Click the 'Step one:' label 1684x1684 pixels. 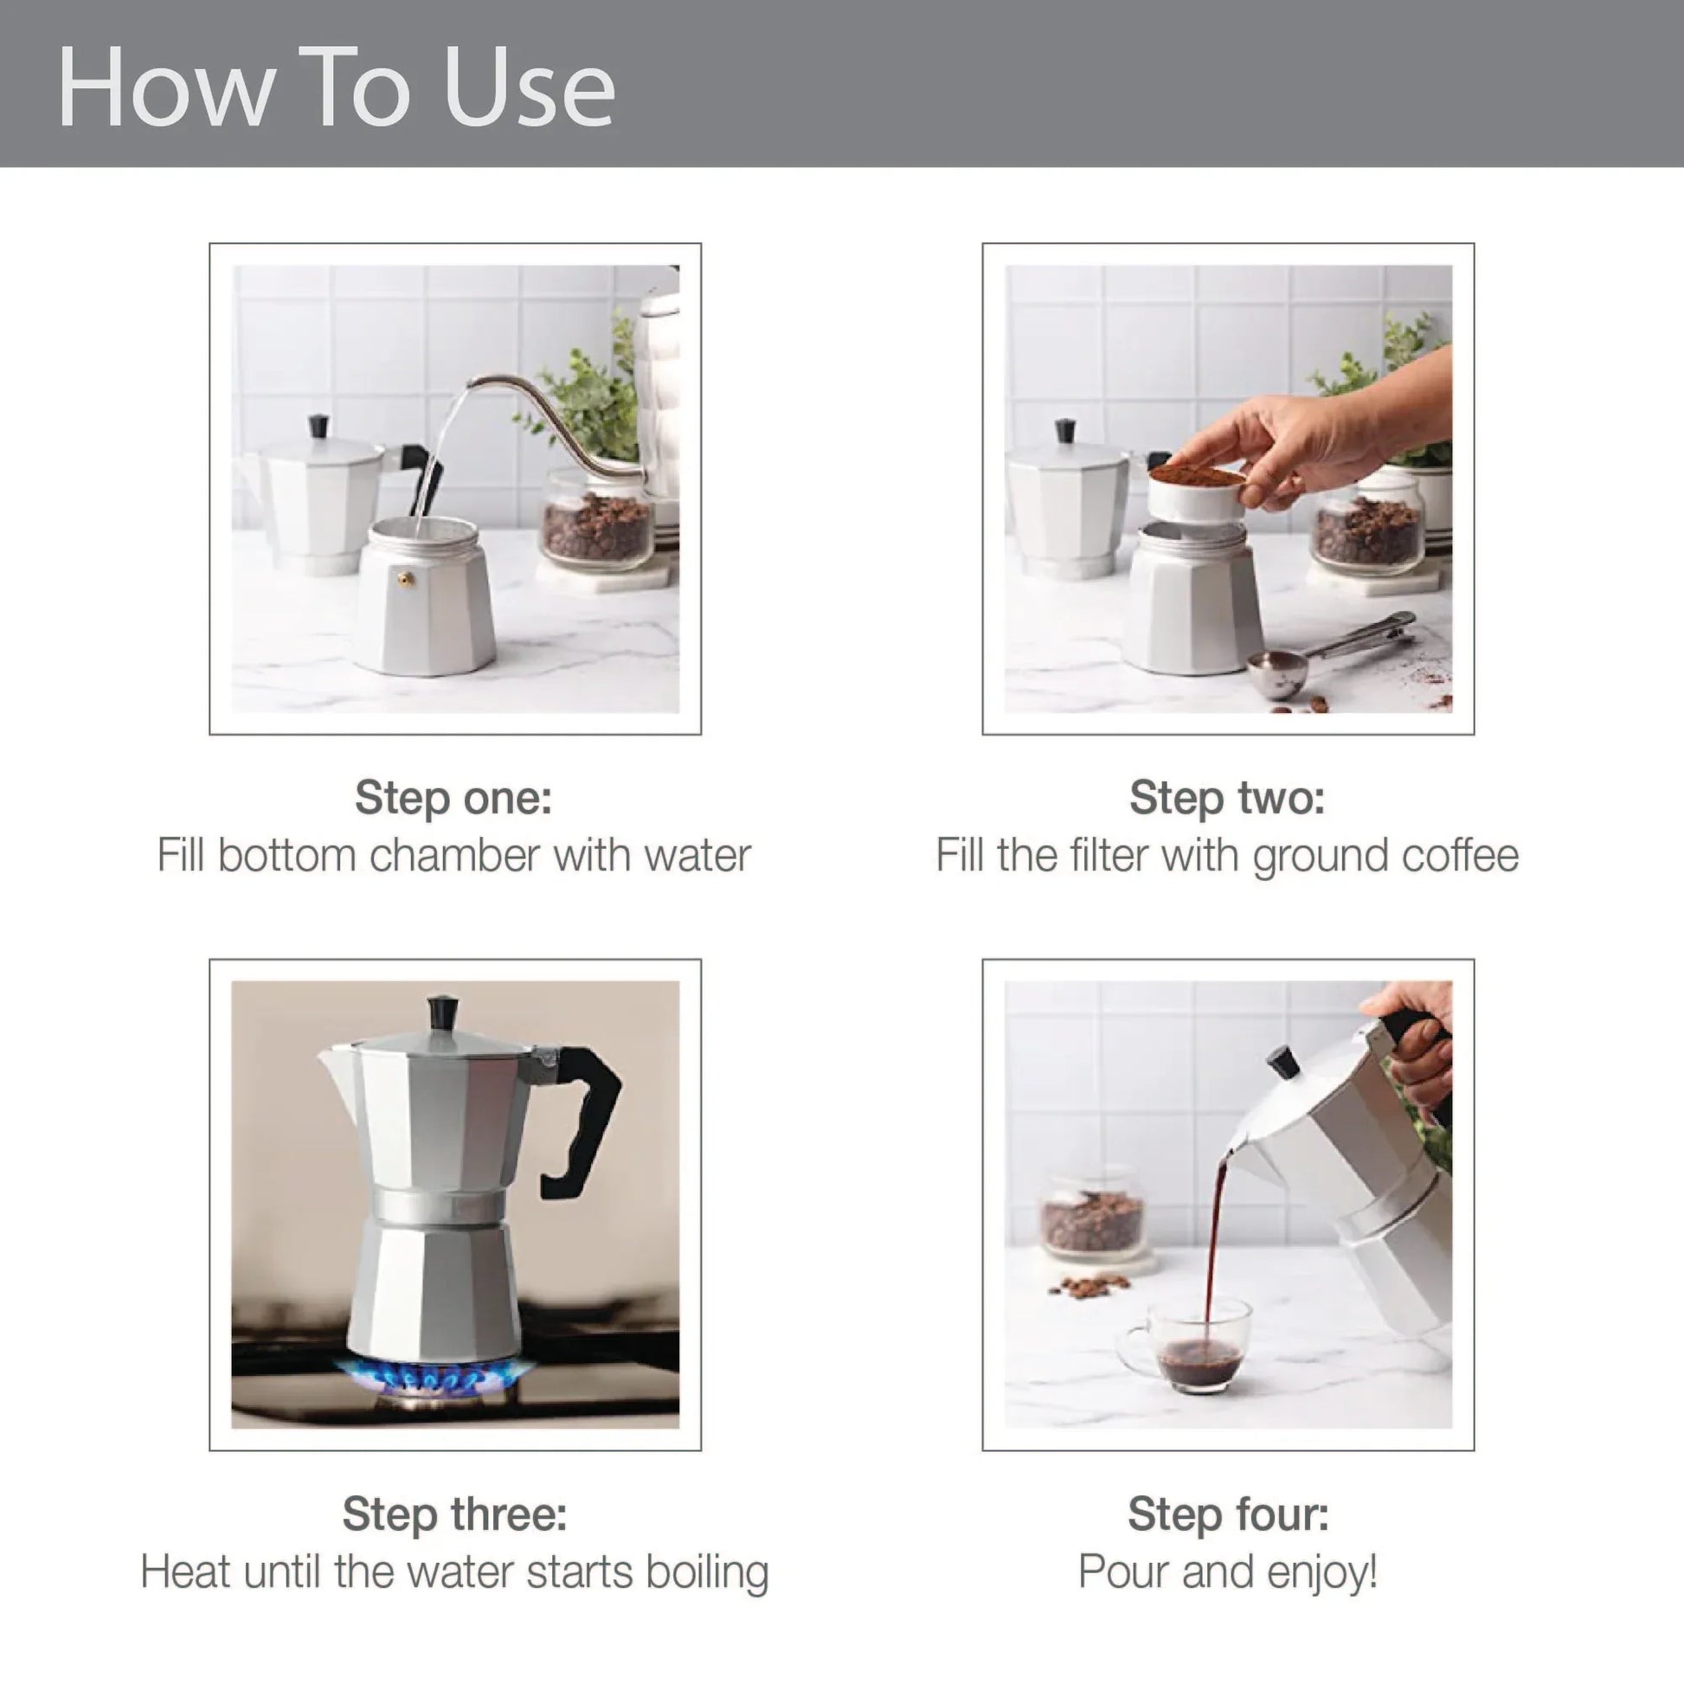pos(453,797)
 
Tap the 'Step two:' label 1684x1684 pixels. pos(1226,797)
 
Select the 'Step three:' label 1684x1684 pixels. pos(454,1514)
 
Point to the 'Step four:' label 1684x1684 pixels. pos(1227,1514)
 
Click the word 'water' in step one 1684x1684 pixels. pos(697,856)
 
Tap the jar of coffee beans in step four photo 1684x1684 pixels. pos(1091,1216)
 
